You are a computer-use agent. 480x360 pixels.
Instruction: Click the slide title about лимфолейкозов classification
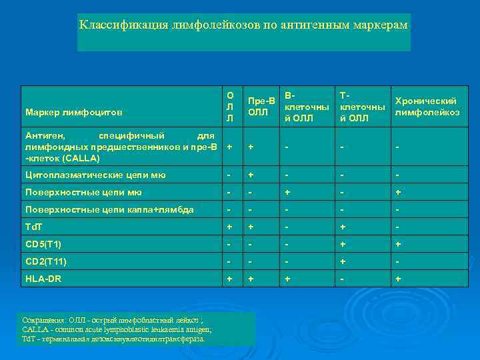243,25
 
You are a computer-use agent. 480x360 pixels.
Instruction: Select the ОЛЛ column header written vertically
230,107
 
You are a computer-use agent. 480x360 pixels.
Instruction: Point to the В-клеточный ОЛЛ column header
306,107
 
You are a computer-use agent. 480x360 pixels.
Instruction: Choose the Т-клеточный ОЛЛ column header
362,107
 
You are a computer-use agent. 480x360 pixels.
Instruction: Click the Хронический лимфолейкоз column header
427,107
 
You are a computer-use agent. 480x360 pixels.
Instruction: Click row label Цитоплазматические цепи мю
95,175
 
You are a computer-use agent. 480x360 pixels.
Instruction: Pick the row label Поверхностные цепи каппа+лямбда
109,209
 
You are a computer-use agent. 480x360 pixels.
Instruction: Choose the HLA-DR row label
42,279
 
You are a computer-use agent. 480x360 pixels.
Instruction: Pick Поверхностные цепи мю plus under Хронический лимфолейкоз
397,192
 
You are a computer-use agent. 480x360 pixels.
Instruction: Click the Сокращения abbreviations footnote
117,329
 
